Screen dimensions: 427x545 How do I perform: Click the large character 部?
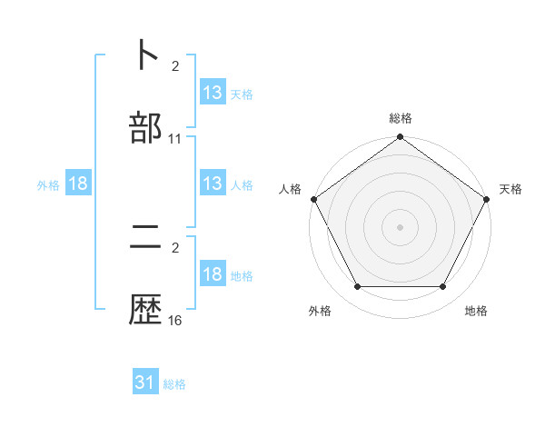[145, 127]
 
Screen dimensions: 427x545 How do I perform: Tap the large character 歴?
[145, 311]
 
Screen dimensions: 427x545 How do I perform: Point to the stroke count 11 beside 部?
[175, 139]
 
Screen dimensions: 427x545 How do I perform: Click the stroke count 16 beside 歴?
[175, 321]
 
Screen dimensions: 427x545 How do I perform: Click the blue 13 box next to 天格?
[213, 93]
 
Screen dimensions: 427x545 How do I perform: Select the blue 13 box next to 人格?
[213, 184]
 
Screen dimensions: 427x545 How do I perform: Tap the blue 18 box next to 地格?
[213, 274]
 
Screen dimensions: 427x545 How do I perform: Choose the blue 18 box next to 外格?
[78, 184]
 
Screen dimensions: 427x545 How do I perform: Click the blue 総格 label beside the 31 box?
[174, 384]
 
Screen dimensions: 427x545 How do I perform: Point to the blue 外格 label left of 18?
[48, 185]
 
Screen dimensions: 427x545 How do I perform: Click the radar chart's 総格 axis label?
[401, 118]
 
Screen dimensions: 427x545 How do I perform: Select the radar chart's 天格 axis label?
[511, 189]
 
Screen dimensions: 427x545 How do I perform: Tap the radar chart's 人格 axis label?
[290, 189]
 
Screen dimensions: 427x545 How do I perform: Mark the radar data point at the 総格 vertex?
[401, 138]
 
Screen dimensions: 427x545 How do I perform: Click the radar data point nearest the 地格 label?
[443, 287]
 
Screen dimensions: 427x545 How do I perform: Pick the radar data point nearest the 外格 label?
[357, 287]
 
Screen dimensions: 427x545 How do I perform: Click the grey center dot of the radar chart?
[401, 226]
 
